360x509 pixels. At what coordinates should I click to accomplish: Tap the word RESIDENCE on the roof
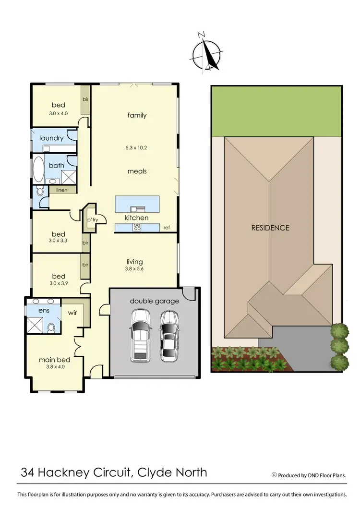pyautogui.click(x=270, y=228)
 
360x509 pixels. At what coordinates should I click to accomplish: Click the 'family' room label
pyautogui.click(x=137, y=115)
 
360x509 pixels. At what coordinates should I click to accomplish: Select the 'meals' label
pyautogui.click(x=137, y=171)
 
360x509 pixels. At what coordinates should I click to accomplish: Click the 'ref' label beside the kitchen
pyautogui.click(x=167, y=227)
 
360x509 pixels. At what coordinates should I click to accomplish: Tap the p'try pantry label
pyautogui.click(x=92, y=220)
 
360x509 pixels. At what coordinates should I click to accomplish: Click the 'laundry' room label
pyautogui.click(x=52, y=138)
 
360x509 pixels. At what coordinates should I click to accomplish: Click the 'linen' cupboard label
pyautogui.click(x=61, y=190)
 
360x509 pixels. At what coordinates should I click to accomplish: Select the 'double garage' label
pyautogui.click(x=154, y=301)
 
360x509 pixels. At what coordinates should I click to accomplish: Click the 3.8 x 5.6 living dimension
pyautogui.click(x=134, y=269)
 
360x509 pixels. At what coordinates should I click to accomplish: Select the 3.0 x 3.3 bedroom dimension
pyautogui.click(x=59, y=240)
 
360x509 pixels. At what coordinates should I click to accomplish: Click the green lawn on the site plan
pyautogui.click(x=276, y=111)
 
